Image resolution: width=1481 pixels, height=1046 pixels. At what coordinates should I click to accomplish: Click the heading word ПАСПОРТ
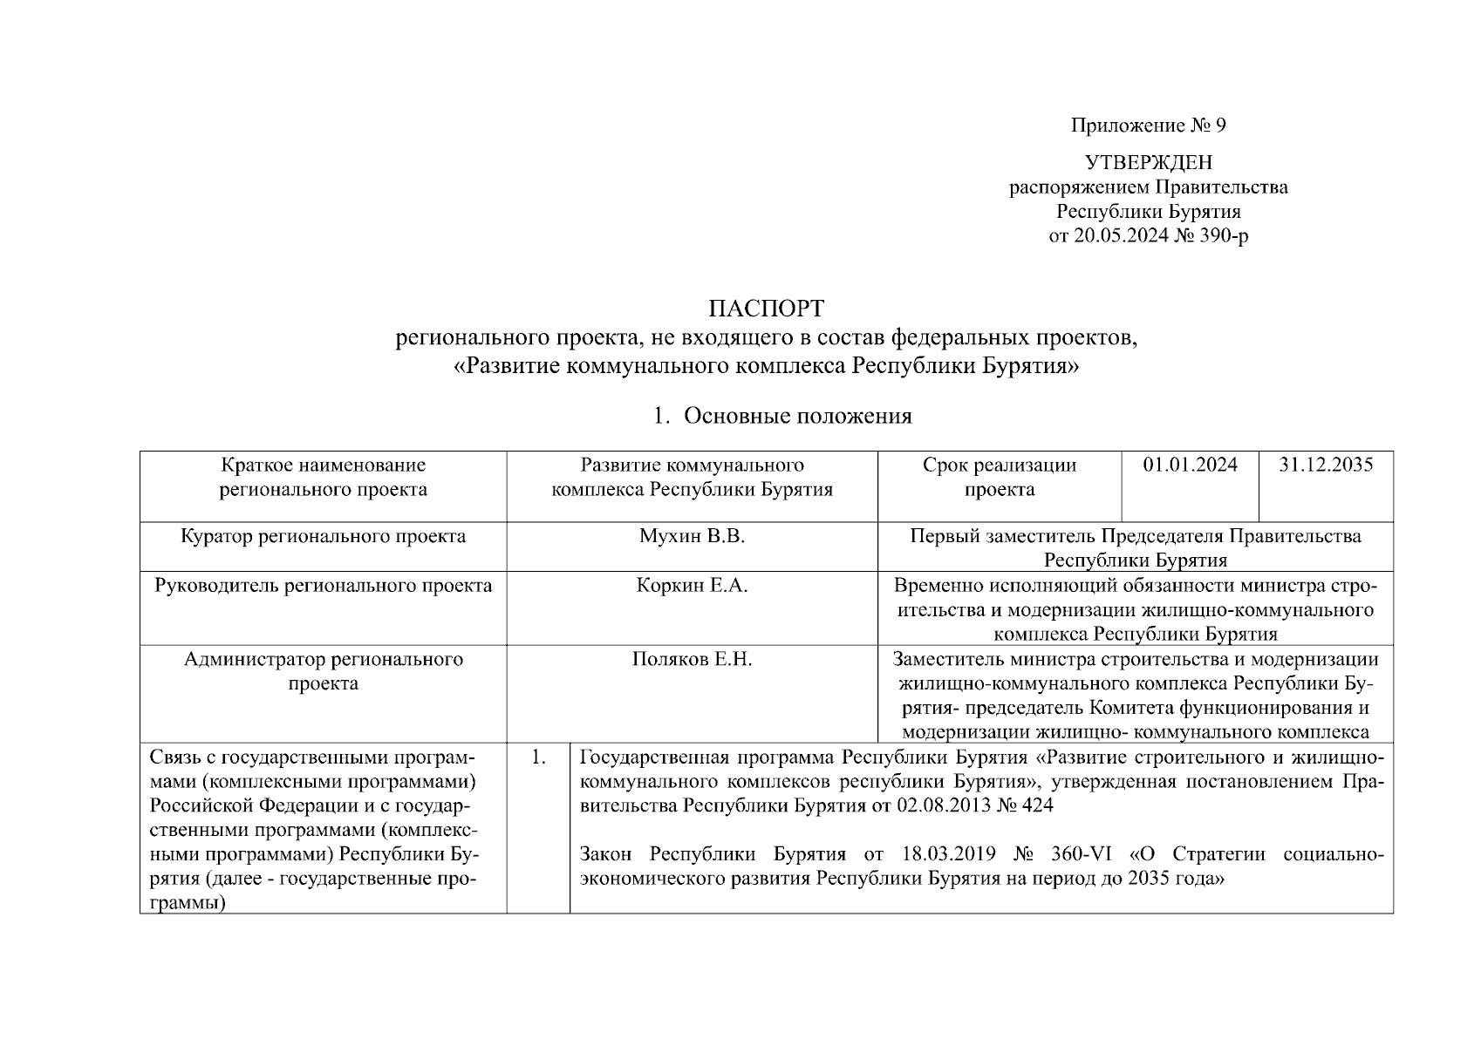click(765, 310)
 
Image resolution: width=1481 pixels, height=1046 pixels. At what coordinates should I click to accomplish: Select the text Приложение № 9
click(1148, 126)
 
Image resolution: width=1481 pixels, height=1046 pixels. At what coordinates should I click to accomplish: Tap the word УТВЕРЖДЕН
click(1148, 163)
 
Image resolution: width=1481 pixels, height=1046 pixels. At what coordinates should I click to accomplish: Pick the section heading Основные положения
click(797, 417)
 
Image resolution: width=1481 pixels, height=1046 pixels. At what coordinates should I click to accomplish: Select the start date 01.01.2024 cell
click(1190, 465)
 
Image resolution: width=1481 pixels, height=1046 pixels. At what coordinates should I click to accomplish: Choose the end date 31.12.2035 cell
click(1326, 465)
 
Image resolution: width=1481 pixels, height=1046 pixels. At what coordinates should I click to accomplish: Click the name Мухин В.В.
click(692, 537)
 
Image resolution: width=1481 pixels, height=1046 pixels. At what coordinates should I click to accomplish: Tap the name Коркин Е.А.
click(692, 586)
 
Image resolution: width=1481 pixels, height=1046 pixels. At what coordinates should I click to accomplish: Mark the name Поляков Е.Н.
click(692, 660)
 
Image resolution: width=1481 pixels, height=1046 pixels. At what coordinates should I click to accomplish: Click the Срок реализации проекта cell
click(1000, 478)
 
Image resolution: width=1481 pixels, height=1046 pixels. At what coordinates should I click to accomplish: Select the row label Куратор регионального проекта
click(323, 537)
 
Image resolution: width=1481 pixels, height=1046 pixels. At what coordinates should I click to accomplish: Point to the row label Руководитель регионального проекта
click(323, 586)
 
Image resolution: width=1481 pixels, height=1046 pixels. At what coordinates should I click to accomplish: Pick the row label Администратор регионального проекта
click(323, 671)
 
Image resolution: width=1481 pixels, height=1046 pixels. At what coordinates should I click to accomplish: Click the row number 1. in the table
click(538, 757)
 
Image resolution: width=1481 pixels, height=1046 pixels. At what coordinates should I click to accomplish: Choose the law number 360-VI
click(1085, 853)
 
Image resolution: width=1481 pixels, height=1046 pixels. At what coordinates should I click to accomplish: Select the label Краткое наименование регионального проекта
click(323, 478)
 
